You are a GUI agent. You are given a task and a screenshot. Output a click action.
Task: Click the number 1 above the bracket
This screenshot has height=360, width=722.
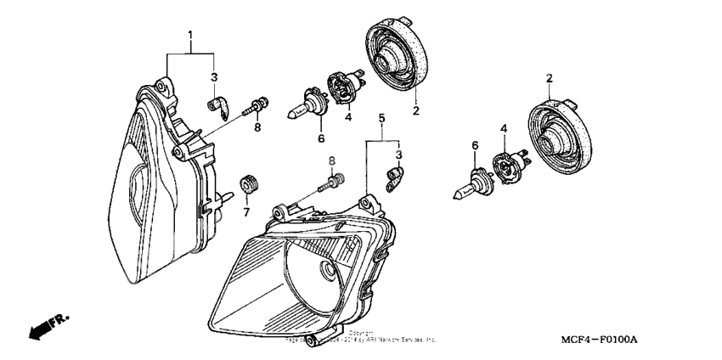pyautogui.click(x=190, y=36)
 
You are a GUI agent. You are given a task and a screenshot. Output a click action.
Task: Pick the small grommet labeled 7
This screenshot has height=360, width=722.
pyautogui.click(x=249, y=183)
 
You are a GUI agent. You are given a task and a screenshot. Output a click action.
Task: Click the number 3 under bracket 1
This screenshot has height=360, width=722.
pyautogui.click(x=214, y=76)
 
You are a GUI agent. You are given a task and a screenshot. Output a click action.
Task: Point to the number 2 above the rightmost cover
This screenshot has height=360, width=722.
pyautogui.click(x=549, y=78)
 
